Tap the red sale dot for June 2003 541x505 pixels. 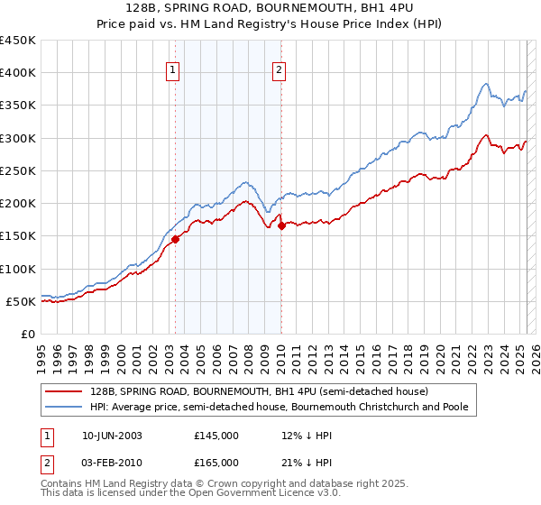pos(176,239)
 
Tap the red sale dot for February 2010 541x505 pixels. pos(281,226)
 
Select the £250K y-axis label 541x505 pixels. pos(18,170)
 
